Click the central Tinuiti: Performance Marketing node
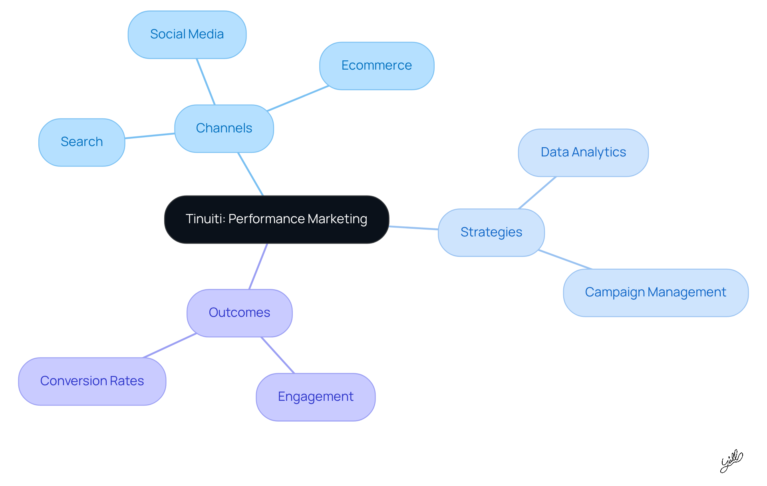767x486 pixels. (x=276, y=219)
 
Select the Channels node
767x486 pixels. (x=224, y=128)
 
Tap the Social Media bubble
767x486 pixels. (x=187, y=34)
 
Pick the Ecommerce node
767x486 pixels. (x=376, y=66)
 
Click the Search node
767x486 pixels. (x=81, y=142)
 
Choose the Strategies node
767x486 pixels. (x=491, y=232)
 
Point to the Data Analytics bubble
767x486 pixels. (x=583, y=152)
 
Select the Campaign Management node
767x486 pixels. (x=655, y=292)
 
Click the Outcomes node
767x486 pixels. (x=239, y=313)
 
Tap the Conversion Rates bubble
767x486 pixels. (x=92, y=381)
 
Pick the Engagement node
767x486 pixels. (x=315, y=397)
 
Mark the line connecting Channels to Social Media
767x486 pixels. (x=206, y=82)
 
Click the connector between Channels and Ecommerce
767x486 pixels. (x=298, y=98)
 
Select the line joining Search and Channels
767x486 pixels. (x=150, y=136)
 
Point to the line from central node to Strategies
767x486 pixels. (x=413, y=228)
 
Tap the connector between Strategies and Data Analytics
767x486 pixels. (x=537, y=193)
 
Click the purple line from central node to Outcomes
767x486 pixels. (x=258, y=266)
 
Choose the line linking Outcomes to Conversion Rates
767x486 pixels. (x=170, y=346)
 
